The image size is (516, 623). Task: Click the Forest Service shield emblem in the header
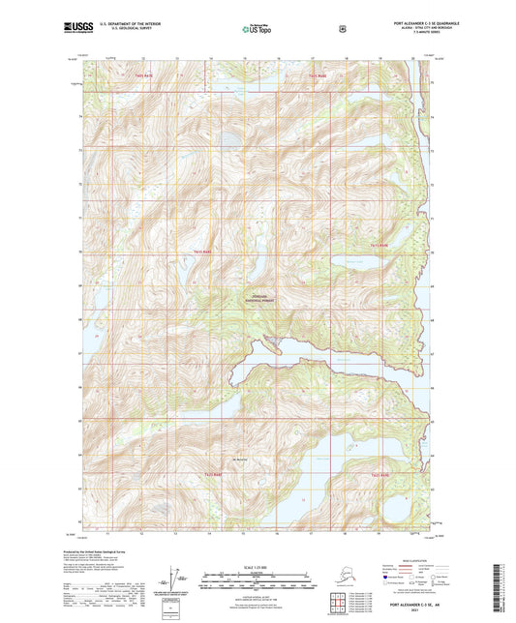click(x=341, y=29)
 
